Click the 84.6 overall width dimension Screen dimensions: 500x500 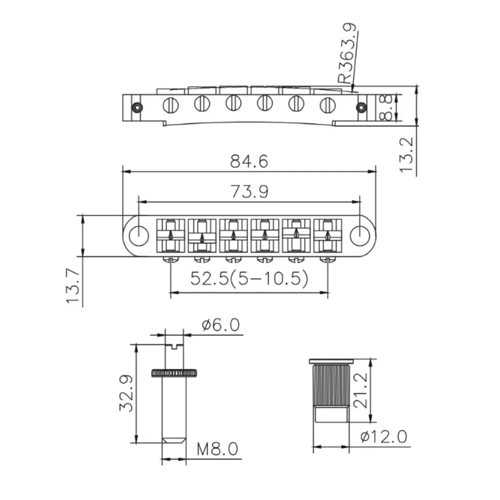pyautogui.click(x=249, y=161)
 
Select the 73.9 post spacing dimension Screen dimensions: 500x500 pyautogui.click(x=249, y=192)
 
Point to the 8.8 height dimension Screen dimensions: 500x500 pyautogui.click(x=386, y=108)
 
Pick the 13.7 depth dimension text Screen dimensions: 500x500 pyautogui.click(x=73, y=286)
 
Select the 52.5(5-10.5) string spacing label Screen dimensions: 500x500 pyautogui.click(x=248, y=278)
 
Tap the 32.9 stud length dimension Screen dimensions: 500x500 pyautogui.click(x=126, y=393)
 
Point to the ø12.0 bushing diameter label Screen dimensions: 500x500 pyautogui.click(x=383, y=437)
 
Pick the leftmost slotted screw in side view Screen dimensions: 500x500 pyautogui.click(x=171, y=104)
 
